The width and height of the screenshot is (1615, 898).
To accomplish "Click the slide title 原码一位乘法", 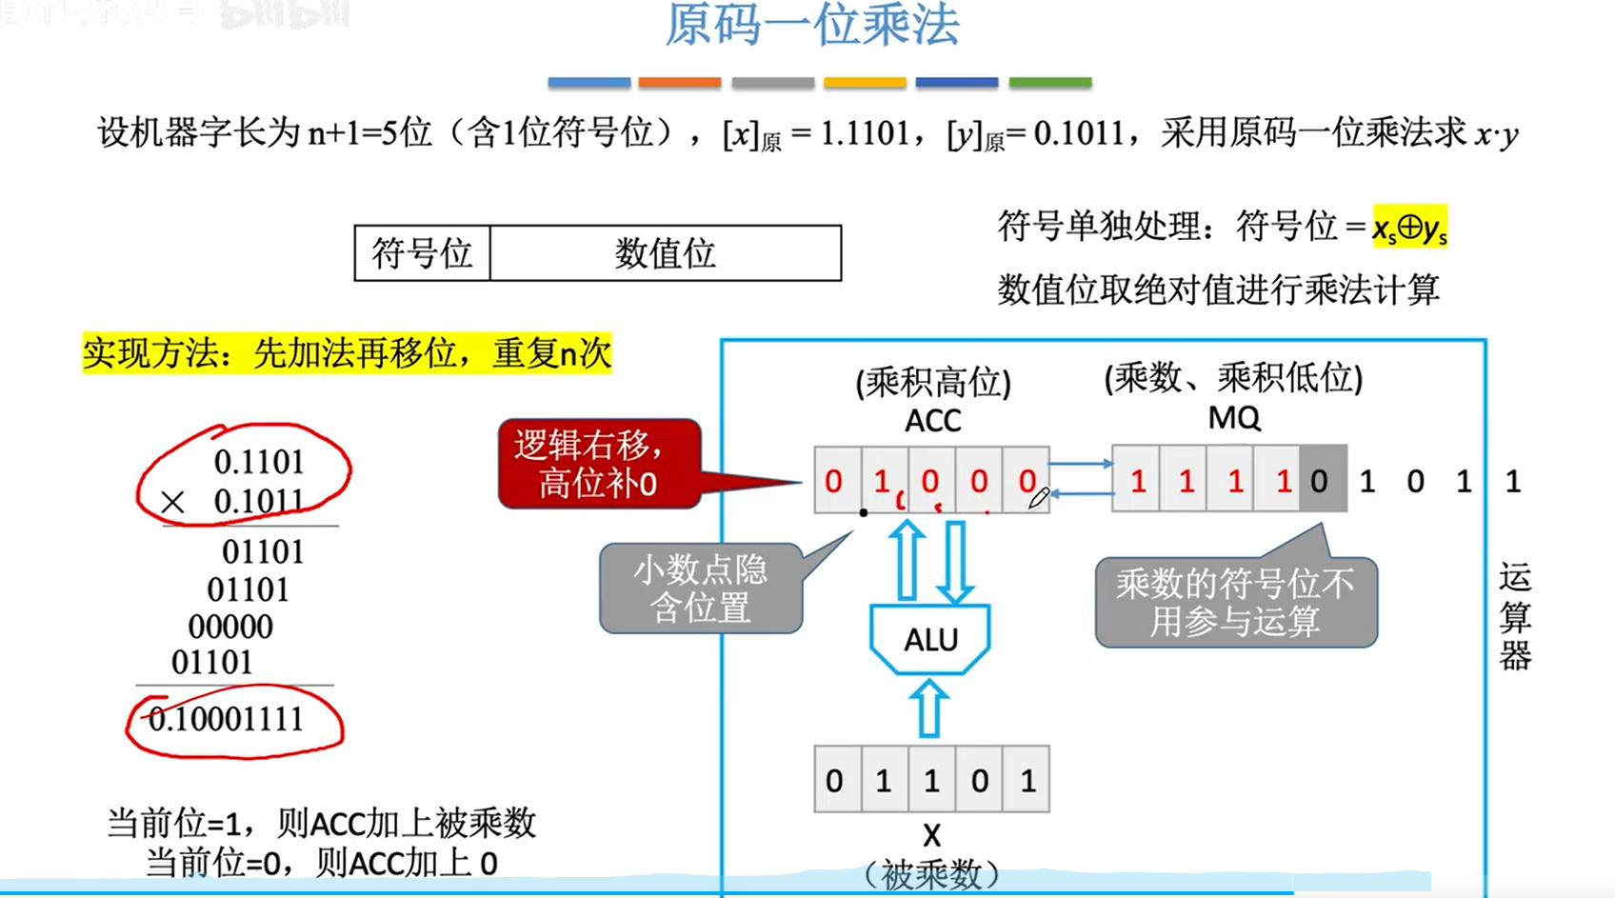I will point(811,26).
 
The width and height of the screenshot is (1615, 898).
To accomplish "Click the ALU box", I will point(930,639).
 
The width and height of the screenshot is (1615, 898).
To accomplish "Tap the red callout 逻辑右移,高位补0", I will point(599,464).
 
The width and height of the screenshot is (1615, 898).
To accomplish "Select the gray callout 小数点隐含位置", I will point(700,589).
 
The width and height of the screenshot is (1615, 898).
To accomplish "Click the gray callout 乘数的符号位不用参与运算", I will point(1235,602).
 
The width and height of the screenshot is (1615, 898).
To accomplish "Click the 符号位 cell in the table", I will point(422,253).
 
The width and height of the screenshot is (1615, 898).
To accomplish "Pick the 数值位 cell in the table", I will point(665,253).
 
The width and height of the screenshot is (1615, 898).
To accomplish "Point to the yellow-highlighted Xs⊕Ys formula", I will point(1409,228).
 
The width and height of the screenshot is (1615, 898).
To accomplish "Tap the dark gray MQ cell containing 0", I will point(1320,481).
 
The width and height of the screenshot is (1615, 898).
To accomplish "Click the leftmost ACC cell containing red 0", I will point(834,481).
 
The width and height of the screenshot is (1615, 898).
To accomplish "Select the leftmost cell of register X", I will point(835,780).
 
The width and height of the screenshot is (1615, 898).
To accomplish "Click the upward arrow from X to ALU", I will point(929,709).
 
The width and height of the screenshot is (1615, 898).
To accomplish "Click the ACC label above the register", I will point(932,420).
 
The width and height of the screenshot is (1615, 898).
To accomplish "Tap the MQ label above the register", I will point(1233,417).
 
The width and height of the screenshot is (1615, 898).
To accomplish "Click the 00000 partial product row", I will point(230,627).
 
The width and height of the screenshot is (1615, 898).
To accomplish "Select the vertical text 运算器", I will point(1514,617).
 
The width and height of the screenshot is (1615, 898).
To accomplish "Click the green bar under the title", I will point(1049,83).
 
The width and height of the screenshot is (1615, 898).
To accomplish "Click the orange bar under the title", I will point(679,83).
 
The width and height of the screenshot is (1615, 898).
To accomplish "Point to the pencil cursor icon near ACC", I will point(1039,497).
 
